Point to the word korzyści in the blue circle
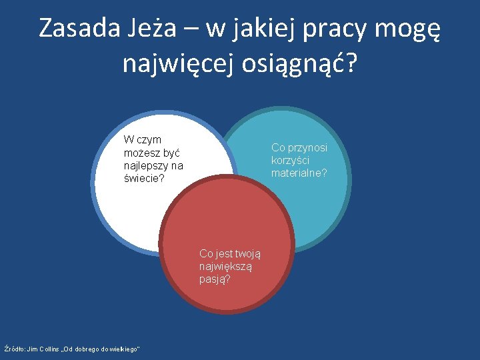pos(290,160)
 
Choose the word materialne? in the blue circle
pos(299,173)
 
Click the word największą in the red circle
pos(225,266)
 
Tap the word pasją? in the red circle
pos(215,279)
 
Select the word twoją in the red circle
pos(247,253)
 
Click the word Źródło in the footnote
pos(14,349)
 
